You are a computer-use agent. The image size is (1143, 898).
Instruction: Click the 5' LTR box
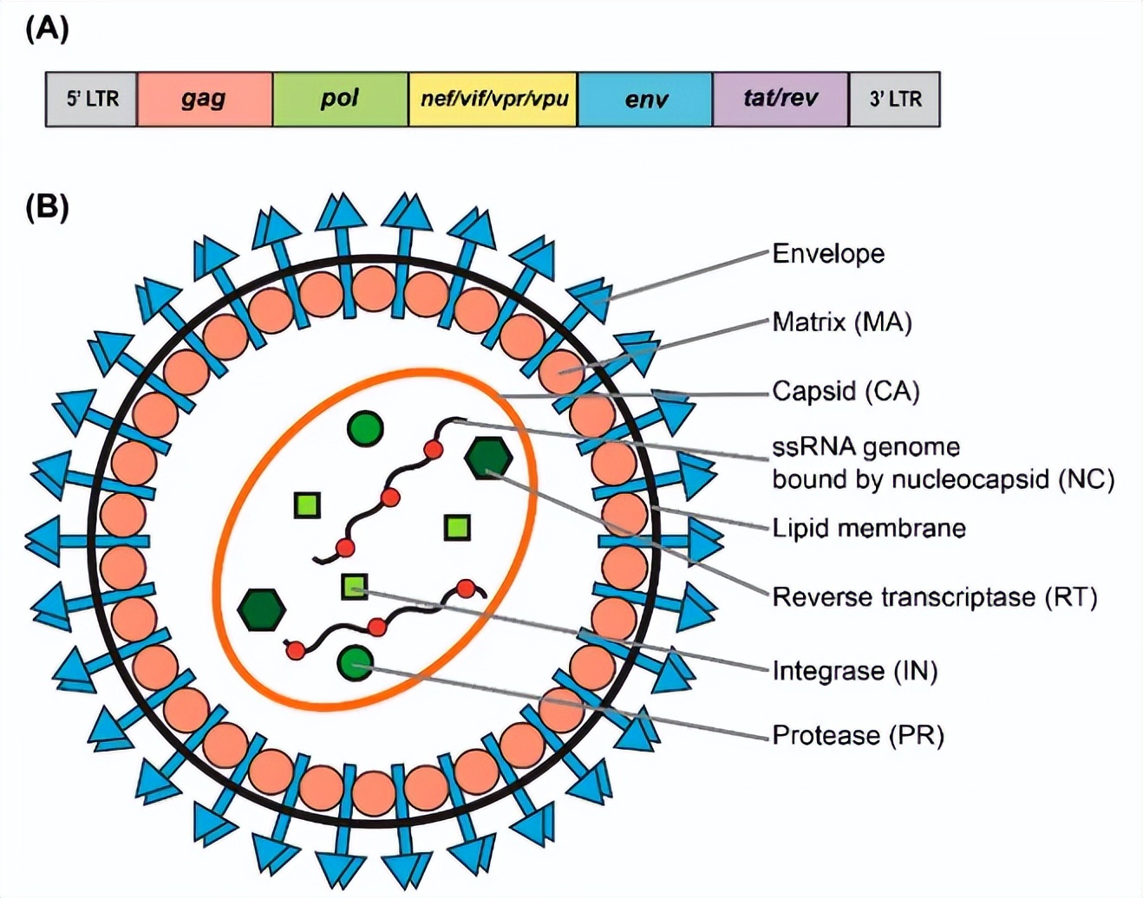pyautogui.click(x=92, y=99)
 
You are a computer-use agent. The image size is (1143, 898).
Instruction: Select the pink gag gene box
pyautogui.click(x=205, y=99)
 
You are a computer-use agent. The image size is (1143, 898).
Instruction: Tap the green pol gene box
pyautogui.click(x=340, y=99)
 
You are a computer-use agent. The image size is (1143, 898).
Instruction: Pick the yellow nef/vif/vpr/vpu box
pyautogui.click(x=493, y=99)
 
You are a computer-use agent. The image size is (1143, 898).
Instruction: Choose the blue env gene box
pyautogui.click(x=645, y=99)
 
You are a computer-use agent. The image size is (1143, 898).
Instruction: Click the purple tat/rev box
pyautogui.click(x=781, y=99)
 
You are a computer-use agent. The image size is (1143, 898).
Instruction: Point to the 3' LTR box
pyautogui.click(x=895, y=99)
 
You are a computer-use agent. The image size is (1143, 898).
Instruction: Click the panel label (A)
pyautogui.click(x=47, y=29)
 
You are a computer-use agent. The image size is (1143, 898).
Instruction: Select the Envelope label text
pyautogui.click(x=828, y=254)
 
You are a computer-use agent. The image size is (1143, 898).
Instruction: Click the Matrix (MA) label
pyautogui.click(x=842, y=322)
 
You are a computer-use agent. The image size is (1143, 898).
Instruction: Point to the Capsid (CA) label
pyautogui.click(x=846, y=391)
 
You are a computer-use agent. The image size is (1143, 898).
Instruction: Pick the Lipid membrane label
pyautogui.click(x=869, y=528)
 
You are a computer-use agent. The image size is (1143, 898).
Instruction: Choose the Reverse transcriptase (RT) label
pyautogui.click(x=935, y=596)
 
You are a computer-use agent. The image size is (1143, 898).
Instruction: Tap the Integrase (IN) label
pyautogui.click(x=855, y=670)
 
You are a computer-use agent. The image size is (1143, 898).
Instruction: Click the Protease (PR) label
pyautogui.click(x=858, y=735)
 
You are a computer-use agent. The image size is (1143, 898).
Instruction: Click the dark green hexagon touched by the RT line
pyautogui.click(x=488, y=459)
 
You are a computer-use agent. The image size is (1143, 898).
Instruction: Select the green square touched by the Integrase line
pyautogui.click(x=354, y=587)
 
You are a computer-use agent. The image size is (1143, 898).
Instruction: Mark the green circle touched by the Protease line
pyautogui.click(x=355, y=663)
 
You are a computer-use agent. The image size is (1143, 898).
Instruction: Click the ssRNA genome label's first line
pyautogui.click(x=865, y=447)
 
